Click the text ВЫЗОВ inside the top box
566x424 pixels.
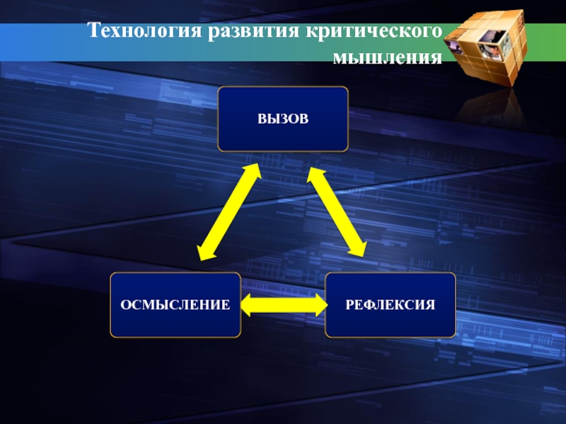(283, 119)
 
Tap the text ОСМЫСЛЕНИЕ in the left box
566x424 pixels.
(175, 305)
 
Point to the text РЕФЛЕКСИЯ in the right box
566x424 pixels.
(390, 305)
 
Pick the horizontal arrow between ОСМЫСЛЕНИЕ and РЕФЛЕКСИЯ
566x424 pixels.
(283, 305)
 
